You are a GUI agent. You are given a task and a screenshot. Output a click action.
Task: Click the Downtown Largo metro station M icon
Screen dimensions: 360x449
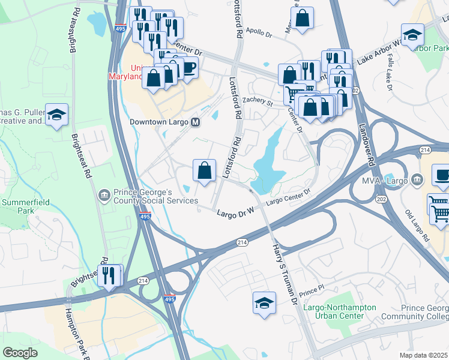click(196, 122)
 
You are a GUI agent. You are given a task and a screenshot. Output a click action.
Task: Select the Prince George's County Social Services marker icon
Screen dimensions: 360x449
click(104, 195)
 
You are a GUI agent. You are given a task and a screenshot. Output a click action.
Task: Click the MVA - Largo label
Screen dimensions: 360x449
click(385, 181)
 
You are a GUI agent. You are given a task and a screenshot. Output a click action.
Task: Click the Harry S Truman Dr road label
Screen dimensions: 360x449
click(285, 268)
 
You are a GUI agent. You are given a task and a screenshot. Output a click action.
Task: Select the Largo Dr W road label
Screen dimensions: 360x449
click(236, 211)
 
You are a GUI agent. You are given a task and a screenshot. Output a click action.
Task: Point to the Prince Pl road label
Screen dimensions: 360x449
click(313, 289)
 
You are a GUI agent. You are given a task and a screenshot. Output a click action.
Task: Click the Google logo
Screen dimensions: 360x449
click(20, 353)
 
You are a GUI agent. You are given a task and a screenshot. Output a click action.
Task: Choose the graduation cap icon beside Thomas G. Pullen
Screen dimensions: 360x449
click(56, 114)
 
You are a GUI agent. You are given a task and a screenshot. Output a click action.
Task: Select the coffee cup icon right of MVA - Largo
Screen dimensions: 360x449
click(442, 175)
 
